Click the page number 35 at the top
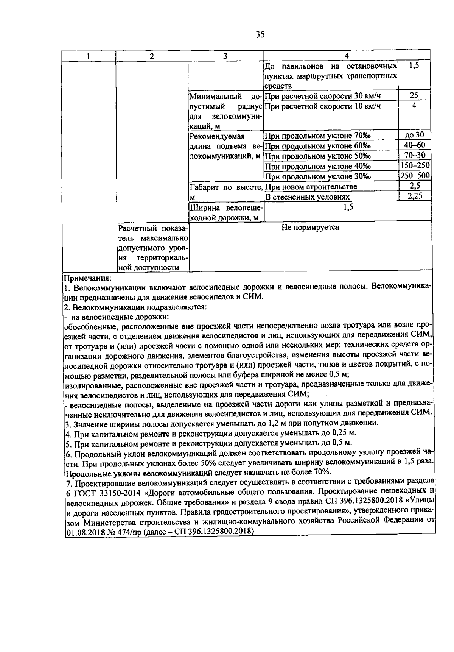(x=260, y=35)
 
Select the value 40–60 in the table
(x=414, y=145)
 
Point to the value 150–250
(x=415, y=166)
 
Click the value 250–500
(x=415, y=176)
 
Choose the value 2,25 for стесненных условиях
(x=414, y=196)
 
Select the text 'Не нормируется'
(x=310, y=227)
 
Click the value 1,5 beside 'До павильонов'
(x=414, y=66)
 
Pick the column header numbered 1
(x=88, y=56)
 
